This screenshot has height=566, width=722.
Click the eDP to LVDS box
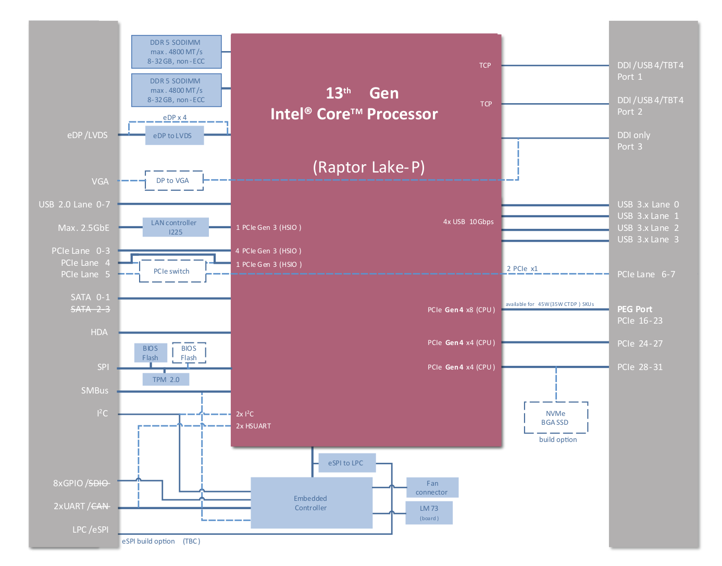coord(175,136)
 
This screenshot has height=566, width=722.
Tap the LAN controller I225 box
coord(176,227)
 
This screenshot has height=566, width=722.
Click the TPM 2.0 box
coord(166,379)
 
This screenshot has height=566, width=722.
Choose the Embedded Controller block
coord(312,503)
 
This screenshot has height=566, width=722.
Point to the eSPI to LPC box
coord(347,463)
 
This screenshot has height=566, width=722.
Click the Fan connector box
coord(432,488)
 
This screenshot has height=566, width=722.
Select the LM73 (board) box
coord(429,513)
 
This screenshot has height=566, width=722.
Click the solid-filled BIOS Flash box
coord(151,353)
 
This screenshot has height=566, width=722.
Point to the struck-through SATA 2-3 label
coord(90,309)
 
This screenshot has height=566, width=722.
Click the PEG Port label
coord(634,309)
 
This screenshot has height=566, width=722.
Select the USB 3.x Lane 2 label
coord(648,228)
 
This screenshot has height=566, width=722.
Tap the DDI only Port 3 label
coord(633,141)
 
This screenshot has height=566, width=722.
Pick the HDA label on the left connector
coord(99,332)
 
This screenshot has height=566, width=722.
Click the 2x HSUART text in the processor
coord(253,426)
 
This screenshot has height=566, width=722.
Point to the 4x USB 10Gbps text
coord(468,222)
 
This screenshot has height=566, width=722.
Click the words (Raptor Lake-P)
coord(369,167)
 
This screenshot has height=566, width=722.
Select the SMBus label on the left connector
coord(95,390)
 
